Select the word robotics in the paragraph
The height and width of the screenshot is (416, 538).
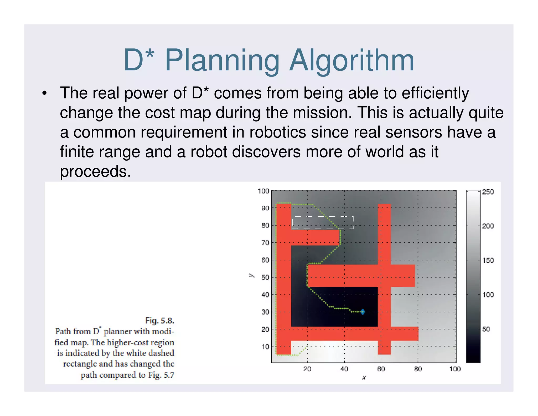(277, 132)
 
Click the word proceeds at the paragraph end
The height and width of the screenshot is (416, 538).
(95, 171)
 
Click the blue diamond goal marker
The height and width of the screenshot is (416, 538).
(363, 312)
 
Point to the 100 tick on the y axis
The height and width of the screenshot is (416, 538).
(263, 191)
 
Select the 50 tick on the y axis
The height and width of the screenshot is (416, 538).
(265, 277)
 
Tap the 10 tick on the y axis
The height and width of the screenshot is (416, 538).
(265, 347)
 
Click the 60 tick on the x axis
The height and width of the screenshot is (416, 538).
(381, 369)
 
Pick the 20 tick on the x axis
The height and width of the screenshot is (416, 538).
(307, 369)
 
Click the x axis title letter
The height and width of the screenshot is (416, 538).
(364, 378)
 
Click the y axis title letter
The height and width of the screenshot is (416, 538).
(251, 275)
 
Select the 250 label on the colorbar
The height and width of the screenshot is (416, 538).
(488, 192)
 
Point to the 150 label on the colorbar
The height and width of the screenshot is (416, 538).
(488, 260)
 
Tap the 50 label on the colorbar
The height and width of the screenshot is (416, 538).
(486, 329)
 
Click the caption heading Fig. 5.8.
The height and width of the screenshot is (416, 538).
(160, 321)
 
